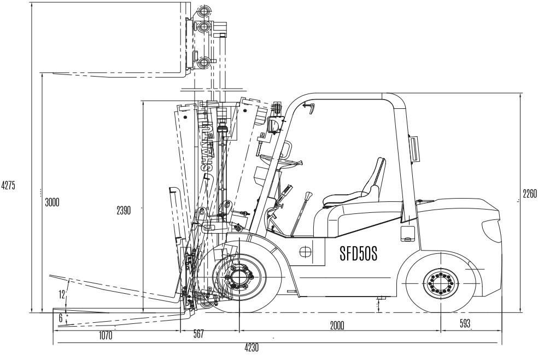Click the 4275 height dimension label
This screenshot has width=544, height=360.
coord(8,185)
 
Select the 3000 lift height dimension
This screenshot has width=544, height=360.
coord(52,202)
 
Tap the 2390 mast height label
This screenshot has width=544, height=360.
coord(124,211)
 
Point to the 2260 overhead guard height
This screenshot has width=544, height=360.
coord(530,194)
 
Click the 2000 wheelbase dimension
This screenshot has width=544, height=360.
coord(337,326)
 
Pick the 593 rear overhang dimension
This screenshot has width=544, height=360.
coord(465,323)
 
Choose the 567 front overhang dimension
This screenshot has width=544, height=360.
coord(198,334)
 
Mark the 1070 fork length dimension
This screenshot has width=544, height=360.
coord(106,335)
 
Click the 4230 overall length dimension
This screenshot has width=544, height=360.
coord(251,347)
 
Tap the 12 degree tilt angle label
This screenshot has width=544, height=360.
coord(62,294)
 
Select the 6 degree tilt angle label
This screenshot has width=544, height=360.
coord(61,318)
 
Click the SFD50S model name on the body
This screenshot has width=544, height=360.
coord(359,254)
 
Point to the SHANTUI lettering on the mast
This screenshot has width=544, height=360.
coord(208,147)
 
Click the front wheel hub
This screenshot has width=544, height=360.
coord(239,277)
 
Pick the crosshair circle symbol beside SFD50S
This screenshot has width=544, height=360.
coord(305,252)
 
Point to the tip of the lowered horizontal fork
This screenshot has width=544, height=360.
coord(53,310)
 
